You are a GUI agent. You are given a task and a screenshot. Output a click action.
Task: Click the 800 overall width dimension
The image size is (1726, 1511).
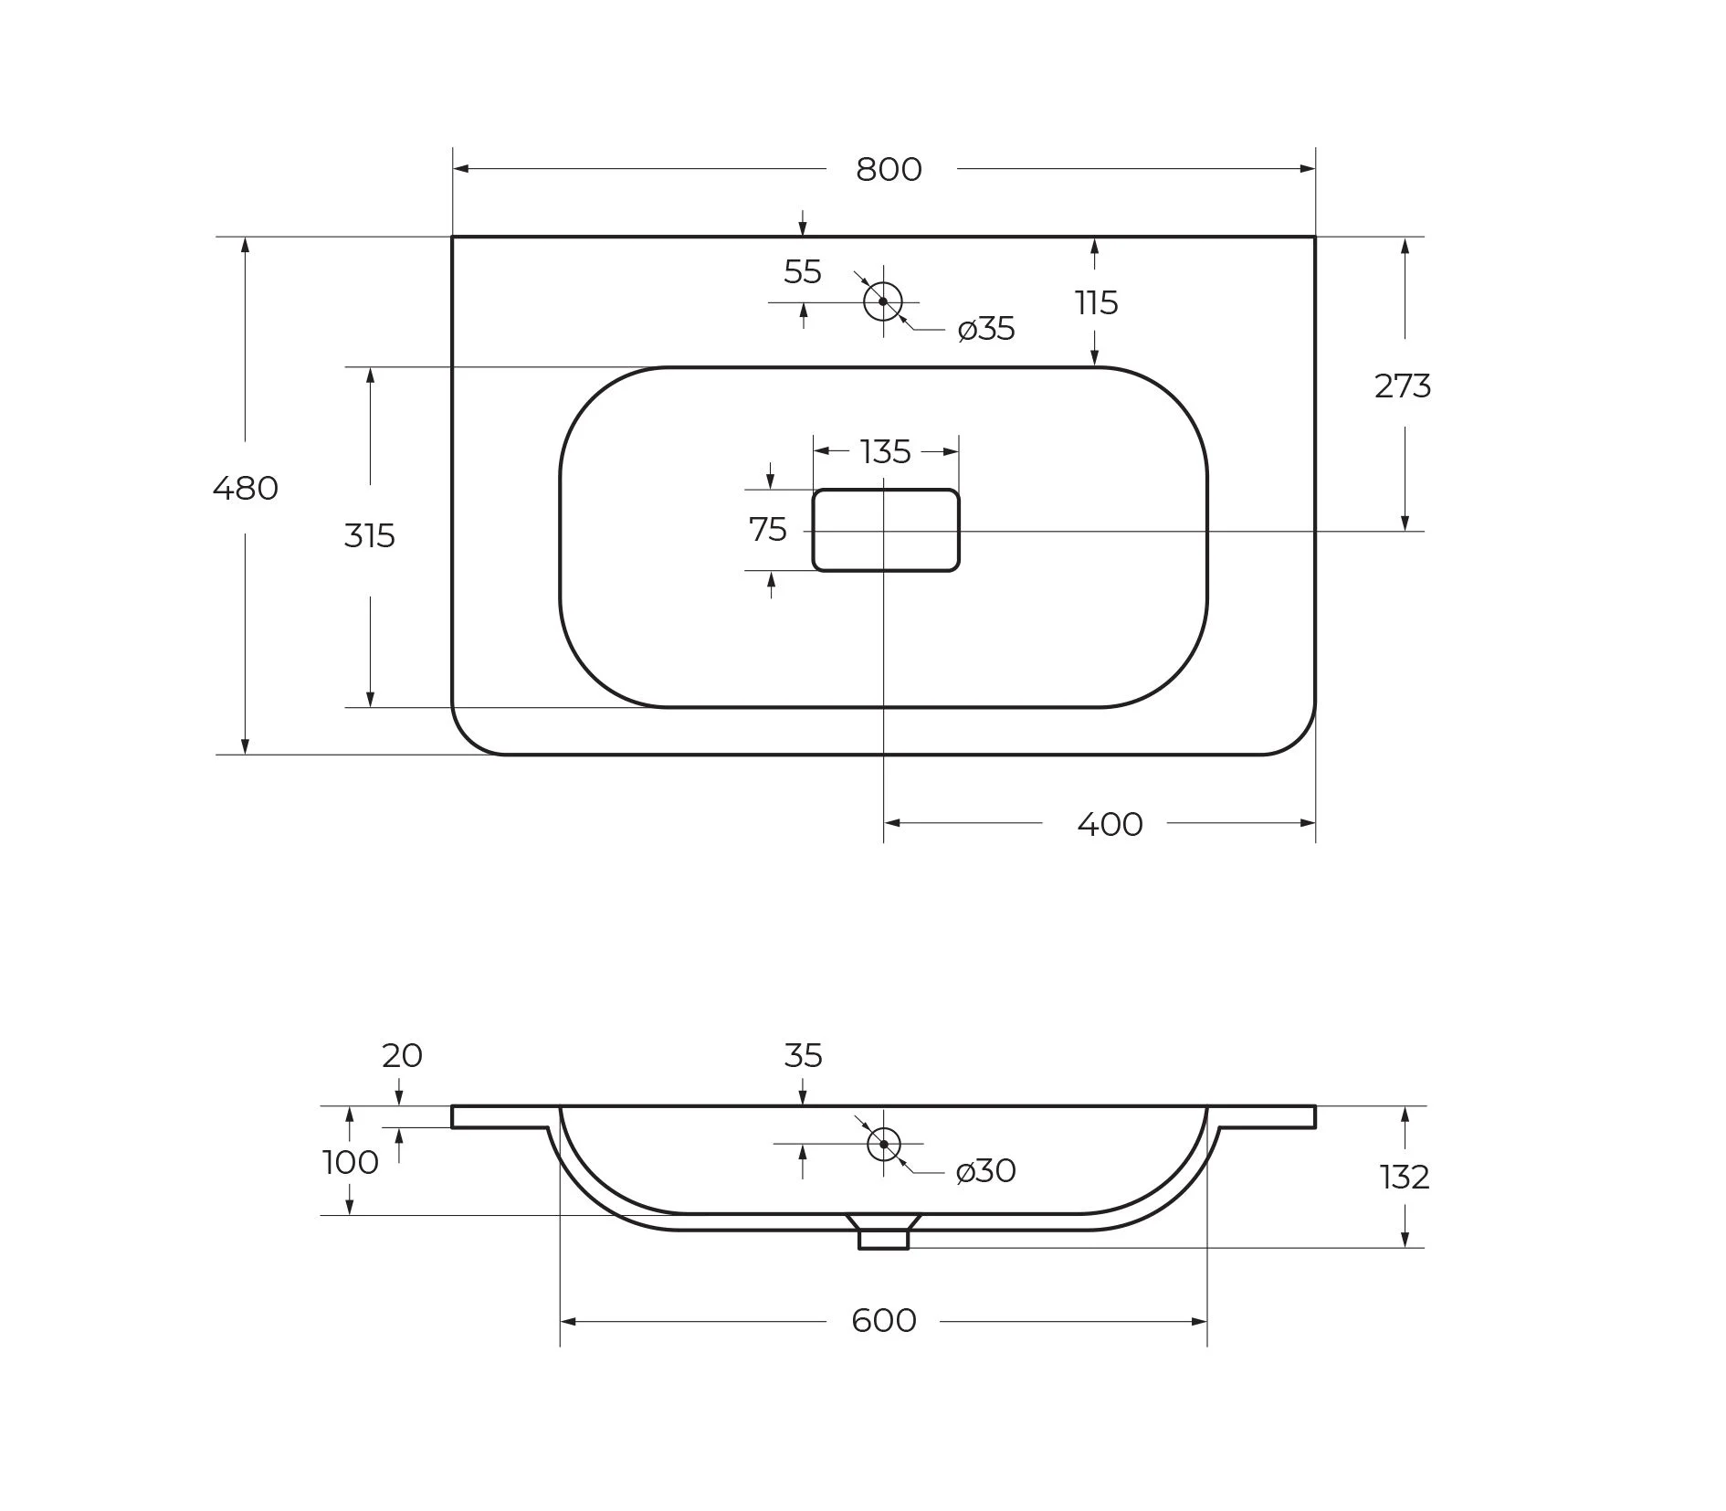tap(889, 170)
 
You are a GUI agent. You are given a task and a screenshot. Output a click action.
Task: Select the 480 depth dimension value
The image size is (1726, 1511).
tap(245, 489)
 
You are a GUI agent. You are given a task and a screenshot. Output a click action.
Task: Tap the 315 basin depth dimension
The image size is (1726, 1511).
tap(370, 535)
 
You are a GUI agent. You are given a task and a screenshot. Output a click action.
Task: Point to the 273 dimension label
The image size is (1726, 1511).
tap(1403, 386)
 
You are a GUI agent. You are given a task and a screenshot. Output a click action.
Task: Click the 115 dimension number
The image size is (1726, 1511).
tap(1096, 302)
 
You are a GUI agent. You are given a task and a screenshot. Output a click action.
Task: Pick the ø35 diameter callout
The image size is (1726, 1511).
tap(986, 329)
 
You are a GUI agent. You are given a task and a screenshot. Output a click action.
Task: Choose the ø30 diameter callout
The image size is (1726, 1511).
tap(986, 1170)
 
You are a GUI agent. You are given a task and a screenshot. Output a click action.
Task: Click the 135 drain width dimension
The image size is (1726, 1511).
tap(886, 451)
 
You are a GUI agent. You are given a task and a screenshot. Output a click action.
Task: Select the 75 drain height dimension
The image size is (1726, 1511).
tap(768, 529)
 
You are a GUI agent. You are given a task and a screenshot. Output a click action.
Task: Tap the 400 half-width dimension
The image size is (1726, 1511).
tap(1110, 824)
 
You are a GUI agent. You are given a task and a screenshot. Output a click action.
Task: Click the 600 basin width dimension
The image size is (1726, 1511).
tap(884, 1320)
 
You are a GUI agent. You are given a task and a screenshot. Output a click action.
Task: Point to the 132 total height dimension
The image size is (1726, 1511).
tap(1405, 1177)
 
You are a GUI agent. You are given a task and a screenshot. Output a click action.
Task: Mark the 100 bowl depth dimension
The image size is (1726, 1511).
tap(351, 1162)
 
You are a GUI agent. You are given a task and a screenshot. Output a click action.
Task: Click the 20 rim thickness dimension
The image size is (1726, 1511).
tap(402, 1055)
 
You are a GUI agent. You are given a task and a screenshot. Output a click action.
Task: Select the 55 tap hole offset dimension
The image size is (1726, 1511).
tap(803, 271)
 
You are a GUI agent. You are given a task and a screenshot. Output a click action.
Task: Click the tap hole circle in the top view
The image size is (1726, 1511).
tap(883, 301)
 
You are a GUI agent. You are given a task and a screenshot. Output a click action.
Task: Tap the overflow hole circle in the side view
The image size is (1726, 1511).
tap(884, 1144)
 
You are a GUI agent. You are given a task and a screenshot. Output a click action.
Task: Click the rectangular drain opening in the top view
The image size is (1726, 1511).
tap(886, 530)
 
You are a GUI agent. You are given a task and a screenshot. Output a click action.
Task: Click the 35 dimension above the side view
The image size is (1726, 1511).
tap(803, 1055)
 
